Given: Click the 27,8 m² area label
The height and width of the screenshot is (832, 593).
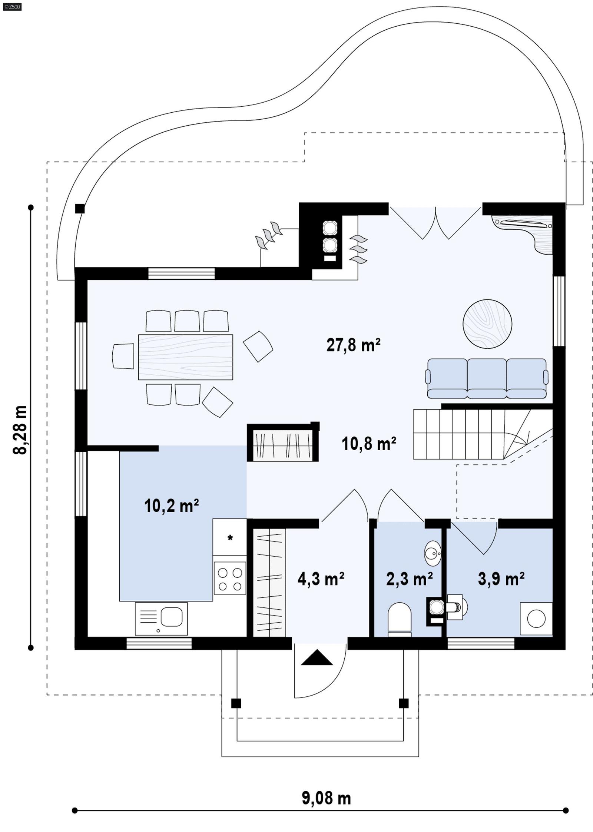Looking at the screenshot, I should tap(353, 345).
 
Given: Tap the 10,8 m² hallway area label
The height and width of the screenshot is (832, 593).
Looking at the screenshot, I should tap(368, 444).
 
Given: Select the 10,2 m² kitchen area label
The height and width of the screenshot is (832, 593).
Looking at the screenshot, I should tap(171, 506).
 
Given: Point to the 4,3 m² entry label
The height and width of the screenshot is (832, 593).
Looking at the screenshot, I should tap(321, 579).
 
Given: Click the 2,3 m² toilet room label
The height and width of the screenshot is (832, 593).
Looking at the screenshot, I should tap(409, 579).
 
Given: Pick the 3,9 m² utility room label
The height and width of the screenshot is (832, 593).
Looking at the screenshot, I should tap(501, 579).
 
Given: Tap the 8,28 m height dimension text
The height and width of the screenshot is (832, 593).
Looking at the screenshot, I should tap(20, 430).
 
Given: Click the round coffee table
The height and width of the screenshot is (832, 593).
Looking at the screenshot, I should tap(487, 324).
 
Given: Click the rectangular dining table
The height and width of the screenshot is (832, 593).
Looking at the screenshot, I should tap(185, 357).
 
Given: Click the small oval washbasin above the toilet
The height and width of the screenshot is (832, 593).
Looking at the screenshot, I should tap(433, 553).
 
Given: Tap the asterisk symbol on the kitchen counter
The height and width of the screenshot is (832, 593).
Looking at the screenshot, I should tap(230, 538).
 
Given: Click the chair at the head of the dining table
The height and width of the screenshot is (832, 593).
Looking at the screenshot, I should tap(123, 356).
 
